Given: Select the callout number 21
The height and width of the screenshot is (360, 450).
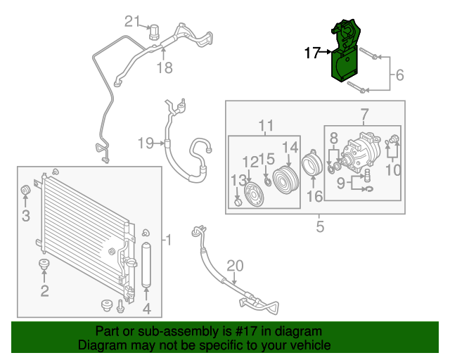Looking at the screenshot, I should tap(133, 21).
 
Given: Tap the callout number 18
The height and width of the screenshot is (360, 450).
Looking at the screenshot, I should tap(164, 68).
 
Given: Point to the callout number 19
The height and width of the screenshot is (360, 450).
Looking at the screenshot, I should tap(146, 143).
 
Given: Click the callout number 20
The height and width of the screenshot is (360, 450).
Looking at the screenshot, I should tap(235, 265).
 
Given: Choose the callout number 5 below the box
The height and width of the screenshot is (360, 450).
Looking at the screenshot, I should tap(320, 226).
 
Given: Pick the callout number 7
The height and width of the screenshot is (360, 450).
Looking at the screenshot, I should tap(364, 115).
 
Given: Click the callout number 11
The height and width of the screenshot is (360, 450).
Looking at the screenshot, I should tap(265, 126).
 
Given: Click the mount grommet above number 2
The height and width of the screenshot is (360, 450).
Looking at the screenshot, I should tap(44, 265).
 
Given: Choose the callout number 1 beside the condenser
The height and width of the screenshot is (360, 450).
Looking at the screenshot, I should tap(167, 241).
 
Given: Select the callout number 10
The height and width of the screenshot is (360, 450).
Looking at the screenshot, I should tap(393, 169).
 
